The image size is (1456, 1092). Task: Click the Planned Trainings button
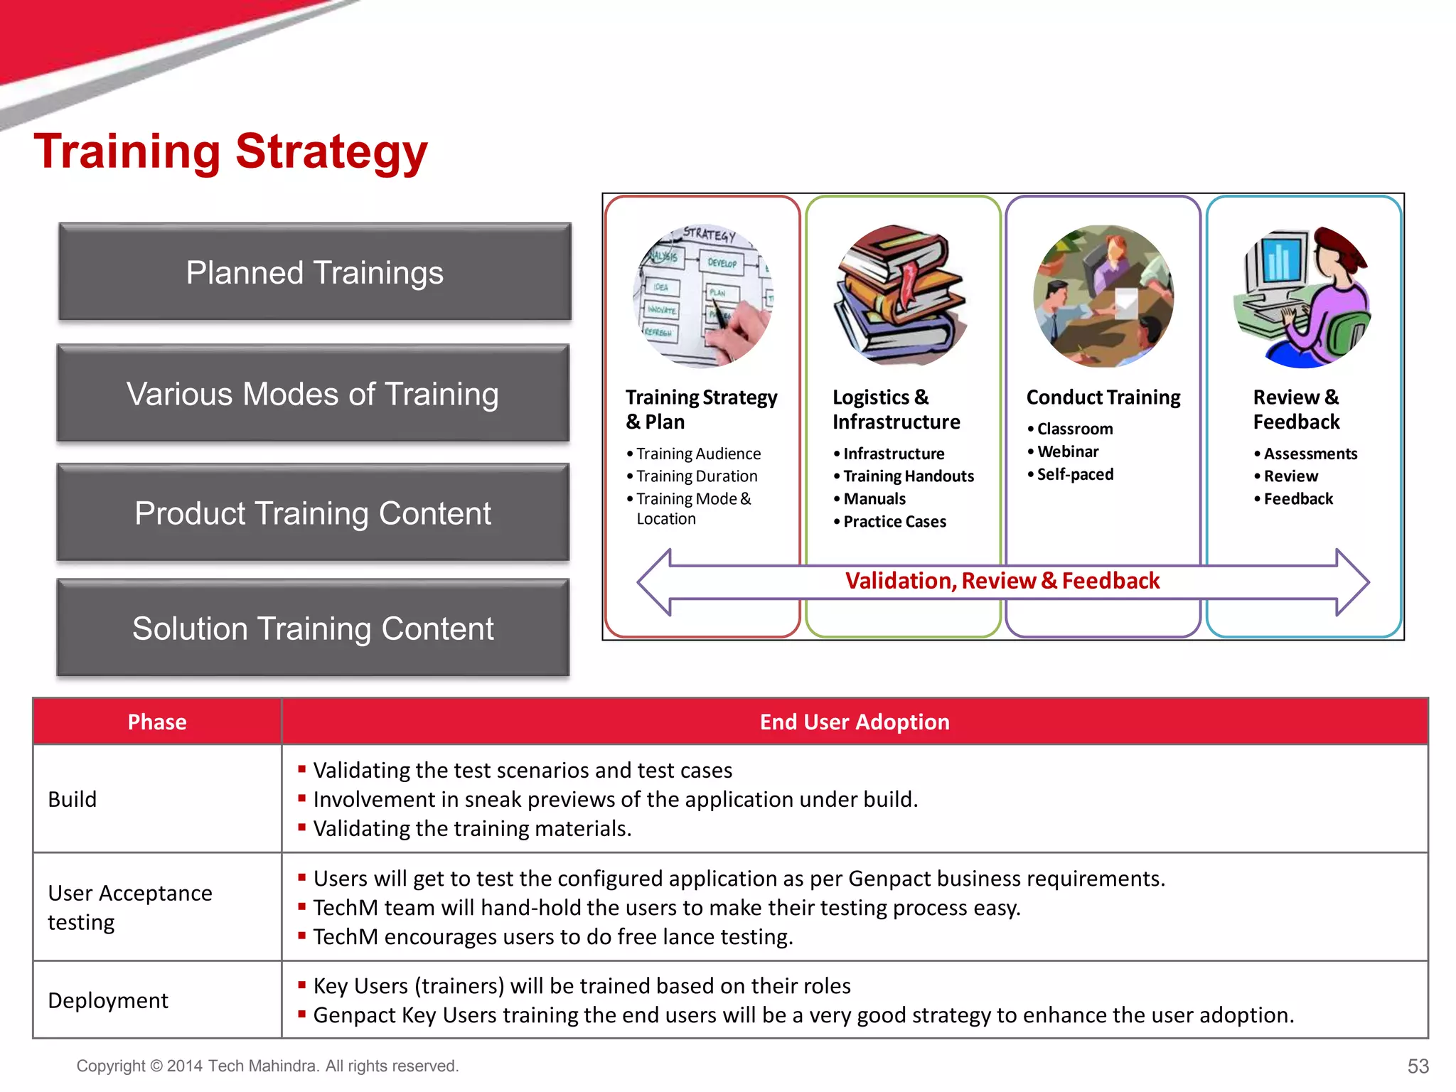coord(315,272)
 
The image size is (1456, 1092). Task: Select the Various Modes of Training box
coord(313,394)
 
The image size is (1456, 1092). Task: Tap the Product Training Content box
coord(313,513)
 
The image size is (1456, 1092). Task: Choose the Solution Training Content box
coord(313,628)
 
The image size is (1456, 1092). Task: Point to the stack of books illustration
coord(901,295)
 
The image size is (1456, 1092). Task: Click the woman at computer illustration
coord(1303,296)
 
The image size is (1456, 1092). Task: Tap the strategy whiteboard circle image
coord(702,296)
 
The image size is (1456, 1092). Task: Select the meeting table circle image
coord(1103,296)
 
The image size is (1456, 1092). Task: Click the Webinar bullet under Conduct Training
coord(1067,451)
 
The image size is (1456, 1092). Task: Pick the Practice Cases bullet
coord(894,522)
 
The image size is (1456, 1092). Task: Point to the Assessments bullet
coord(1310,454)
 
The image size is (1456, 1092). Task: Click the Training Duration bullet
coord(696,476)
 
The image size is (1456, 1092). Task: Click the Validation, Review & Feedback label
coord(1002,581)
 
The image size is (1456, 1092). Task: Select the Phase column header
coord(157,722)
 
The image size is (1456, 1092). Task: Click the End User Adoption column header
coord(855,722)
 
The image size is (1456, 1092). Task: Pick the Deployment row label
coord(108,1000)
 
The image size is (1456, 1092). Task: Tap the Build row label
coord(73,799)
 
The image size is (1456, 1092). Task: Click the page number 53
coord(1418,1066)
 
